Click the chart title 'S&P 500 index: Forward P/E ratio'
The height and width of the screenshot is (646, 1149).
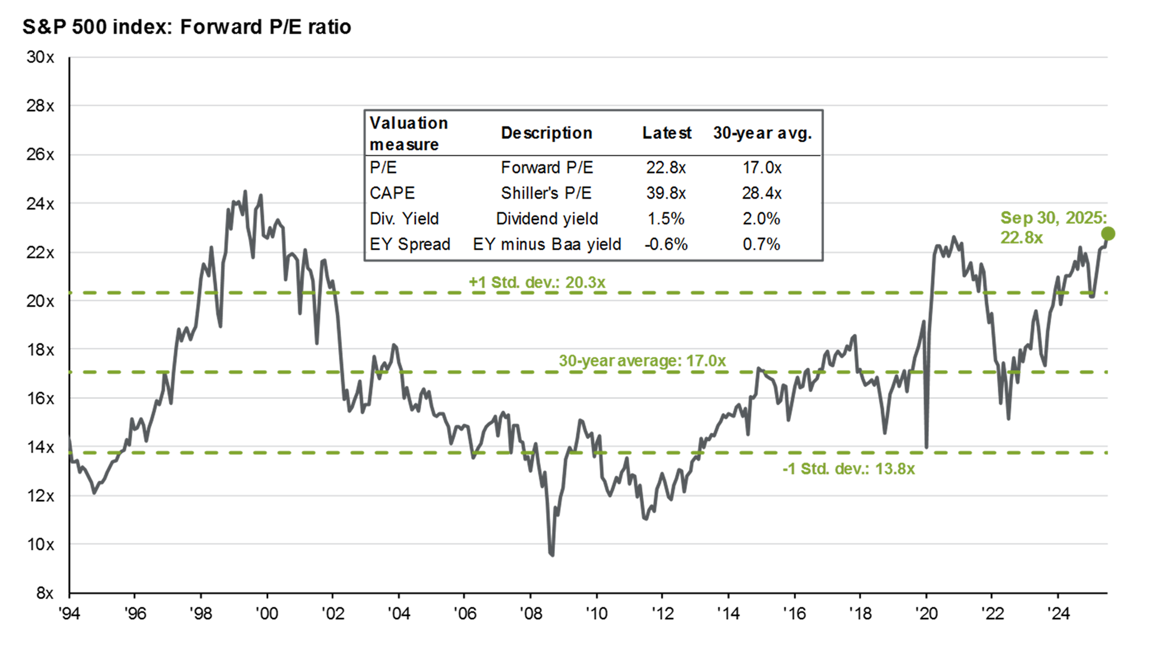[x=187, y=27]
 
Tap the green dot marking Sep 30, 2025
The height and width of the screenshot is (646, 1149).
[x=1108, y=233]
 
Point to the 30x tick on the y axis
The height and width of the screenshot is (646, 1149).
[x=40, y=57]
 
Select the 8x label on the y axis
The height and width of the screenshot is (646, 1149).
[x=45, y=593]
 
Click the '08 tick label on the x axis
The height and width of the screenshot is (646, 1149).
[x=530, y=613]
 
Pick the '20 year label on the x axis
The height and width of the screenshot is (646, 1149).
[x=926, y=613]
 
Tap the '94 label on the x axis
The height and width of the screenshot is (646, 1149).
[x=69, y=613]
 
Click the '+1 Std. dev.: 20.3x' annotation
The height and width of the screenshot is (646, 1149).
[x=537, y=282]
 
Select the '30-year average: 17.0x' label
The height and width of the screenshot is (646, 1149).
[x=642, y=361]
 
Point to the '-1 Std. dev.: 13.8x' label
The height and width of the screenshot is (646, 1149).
[x=849, y=468]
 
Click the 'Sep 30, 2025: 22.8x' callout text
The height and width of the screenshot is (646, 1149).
[x=1054, y=227]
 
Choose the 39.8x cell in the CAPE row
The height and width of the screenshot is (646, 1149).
[x=665, y=193]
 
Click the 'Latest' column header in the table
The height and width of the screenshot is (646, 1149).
[x=667, y=133]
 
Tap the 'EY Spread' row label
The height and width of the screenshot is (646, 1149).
[x=410, y=244]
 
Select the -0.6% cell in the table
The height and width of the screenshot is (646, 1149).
[x=665, y=244]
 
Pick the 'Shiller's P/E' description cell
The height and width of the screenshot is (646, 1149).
[x=546, y=193]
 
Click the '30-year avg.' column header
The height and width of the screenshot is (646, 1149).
[x=762, y=133]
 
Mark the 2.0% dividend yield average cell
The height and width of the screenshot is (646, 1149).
[x=761, y=218]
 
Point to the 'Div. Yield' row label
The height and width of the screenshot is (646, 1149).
[x=405, y=218]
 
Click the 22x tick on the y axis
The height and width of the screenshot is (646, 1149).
[x=40, y=252]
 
